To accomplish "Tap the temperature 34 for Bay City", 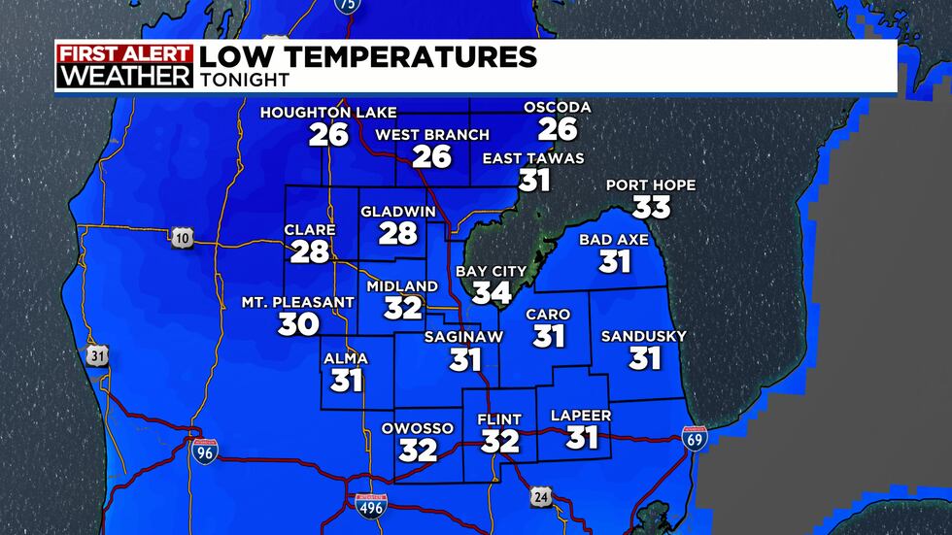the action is click(x=491, y=291).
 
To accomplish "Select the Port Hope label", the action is click(x=650, y=184).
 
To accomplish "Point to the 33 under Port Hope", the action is click(x=651, y=207).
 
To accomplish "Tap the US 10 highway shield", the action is click(x=181, y=239).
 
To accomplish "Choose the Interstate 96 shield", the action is click(x=204, y=450).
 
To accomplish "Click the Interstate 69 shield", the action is click(x=695, y=439).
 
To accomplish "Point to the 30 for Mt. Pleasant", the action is click(x=298, y=324).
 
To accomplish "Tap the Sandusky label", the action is click(x=643, y=337).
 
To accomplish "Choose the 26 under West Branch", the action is click(x=432, y=156).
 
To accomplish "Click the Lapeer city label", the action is click(x=580, y=416).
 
